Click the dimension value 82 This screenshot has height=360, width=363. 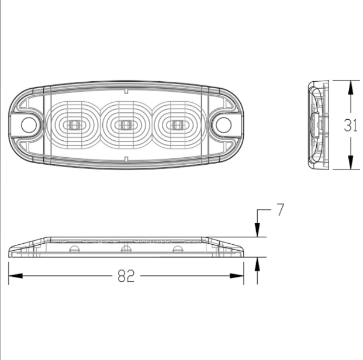tap(126, 276)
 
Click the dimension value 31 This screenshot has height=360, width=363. tap(350, 126)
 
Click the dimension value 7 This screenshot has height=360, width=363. tap(280, 210)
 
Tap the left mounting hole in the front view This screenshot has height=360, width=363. tap(28, 124)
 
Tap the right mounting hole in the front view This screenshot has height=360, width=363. tap(223, 124)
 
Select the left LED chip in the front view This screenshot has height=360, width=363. tap(74, 124)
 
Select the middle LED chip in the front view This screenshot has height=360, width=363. tap(125, 124)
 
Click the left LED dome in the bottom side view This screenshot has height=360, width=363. tap(74, 250)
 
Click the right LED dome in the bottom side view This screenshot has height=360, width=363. tap(176, 250)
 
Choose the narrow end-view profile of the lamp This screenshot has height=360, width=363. tap(317, 126)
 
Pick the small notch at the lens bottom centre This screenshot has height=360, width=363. tap(125, 159)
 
